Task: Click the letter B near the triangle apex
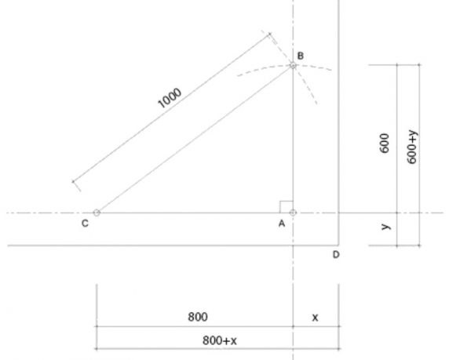coord(300,56)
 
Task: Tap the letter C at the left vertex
coord(85,224)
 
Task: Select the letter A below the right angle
coord(282,224)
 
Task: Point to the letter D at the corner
coord(336,255)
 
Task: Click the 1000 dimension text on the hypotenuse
coord(170,98)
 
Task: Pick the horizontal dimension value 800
coord(198,317)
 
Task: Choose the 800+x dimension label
coord(220,340)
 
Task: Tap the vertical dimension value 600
coord(385,143)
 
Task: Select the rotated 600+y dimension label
coord(412,147)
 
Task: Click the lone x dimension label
coord(315,318)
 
